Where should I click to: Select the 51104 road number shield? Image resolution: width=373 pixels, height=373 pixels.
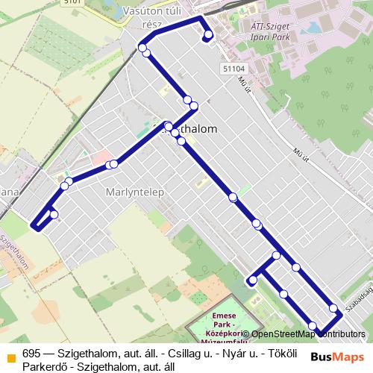233,68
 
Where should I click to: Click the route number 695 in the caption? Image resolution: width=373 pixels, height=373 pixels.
31,354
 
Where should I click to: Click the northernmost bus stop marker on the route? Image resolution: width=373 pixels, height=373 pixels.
208,35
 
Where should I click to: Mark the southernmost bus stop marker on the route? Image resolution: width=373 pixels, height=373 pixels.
313,326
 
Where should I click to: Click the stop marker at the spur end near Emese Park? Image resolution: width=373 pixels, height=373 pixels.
253,280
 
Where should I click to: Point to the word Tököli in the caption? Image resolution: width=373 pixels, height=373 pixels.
275,354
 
